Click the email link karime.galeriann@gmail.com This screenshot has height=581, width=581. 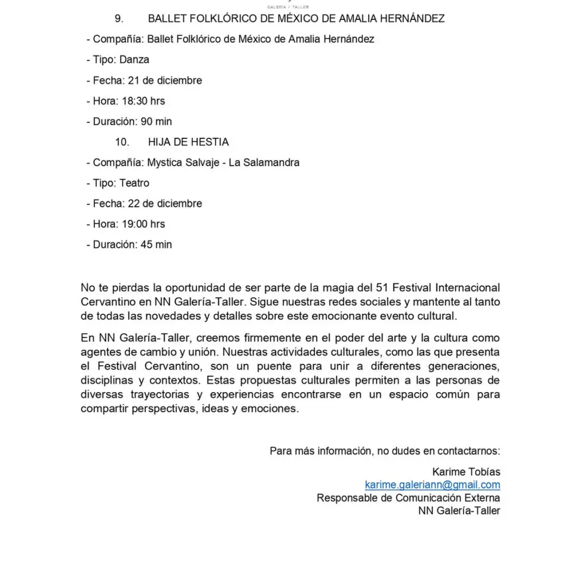[x=432, y=485]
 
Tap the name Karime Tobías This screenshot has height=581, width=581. [x=466, y=471]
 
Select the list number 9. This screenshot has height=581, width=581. [x=119, y=19]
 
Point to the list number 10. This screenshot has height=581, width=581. [x=122, y=142]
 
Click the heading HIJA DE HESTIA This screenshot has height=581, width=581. [x=188, y=142]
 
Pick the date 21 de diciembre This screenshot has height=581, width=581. [x=165, y=81]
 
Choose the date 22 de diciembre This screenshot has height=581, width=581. [x=165, y=203]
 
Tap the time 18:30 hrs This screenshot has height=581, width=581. [x=144, y=101]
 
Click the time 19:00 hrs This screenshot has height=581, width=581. [x=144, y=224]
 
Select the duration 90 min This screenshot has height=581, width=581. [x=156, y=121]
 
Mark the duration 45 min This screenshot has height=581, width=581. [x=156, y=245]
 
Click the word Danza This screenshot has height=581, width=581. [x=134, y=60]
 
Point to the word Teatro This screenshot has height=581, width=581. [x=134, y=183]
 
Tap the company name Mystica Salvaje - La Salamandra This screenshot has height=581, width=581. [x=224, y=162]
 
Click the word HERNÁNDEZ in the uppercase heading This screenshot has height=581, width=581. [x=411, y=19]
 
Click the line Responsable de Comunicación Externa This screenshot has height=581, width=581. [x=409, y=498]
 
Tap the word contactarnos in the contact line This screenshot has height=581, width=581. [x=469, y=451]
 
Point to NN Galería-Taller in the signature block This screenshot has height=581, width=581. [x=460, y=511]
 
